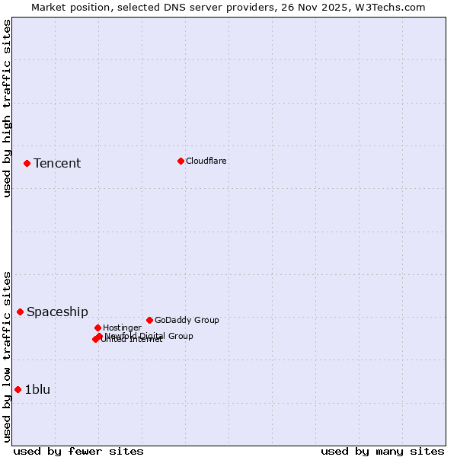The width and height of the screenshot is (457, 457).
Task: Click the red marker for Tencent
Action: pyautogui.click(x=27, y=163)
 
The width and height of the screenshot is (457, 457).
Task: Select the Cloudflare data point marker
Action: pyautogui.click(x=181, y=161)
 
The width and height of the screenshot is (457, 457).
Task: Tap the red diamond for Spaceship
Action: pyautogui.click(x=20, y=312)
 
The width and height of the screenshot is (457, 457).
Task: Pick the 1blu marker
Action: pyautogui.click(x=18, y=389)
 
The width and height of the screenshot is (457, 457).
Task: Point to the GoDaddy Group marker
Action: pyautogui.click(x=149, y=320)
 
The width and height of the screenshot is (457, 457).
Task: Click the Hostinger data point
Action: pyautogui.click(x=97, y=328)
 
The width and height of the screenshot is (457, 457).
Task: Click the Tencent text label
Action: pyautogui.click(x=57, y=163)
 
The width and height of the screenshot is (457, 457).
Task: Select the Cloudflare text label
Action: pyautogui.click(x=206, y=161)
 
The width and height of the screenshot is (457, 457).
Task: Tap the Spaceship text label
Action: pyautogui.click(x=57, y=312)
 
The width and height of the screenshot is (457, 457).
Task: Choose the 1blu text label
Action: pyautogui.click(x=37, y=389)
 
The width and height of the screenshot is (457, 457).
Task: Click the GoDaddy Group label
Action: pyautogui.click(x=187, y=320)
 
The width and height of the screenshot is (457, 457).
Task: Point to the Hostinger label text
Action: pyautogui.click(x=122, y=328)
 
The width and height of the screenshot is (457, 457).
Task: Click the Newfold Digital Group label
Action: pyautogui.click(x=149, y=335)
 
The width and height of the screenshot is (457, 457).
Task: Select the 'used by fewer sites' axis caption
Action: pyautogui.click(x=78, y=451)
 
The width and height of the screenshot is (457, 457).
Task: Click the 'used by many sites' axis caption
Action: pyautogui.click(x=382, y=451)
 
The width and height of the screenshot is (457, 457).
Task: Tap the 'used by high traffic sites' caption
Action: pyautogui.click(x=7, y=108)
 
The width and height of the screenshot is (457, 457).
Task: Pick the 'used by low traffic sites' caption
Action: pyautogui.click(x=7, y=356)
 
